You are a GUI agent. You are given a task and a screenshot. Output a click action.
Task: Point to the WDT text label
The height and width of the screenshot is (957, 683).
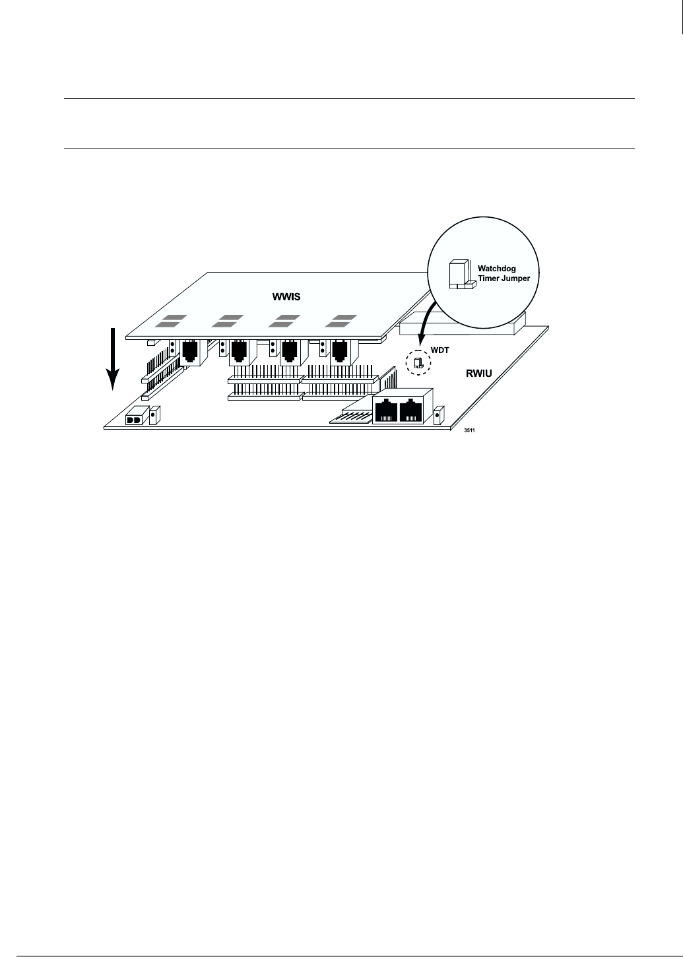click(441, 350)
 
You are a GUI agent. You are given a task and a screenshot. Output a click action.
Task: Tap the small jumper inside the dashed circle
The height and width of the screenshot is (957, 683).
click(418, 362)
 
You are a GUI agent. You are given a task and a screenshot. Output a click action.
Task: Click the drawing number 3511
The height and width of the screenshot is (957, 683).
click(469, 430)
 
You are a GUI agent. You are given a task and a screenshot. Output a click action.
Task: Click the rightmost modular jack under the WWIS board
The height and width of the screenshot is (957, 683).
click(339, 350)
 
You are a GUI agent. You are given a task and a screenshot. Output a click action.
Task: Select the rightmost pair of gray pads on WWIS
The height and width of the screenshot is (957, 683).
click(339, 321)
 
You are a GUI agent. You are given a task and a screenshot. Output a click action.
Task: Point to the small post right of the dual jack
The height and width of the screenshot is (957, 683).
click(438, 416)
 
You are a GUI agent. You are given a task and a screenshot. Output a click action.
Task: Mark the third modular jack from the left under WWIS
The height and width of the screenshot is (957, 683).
click(290, 350)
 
